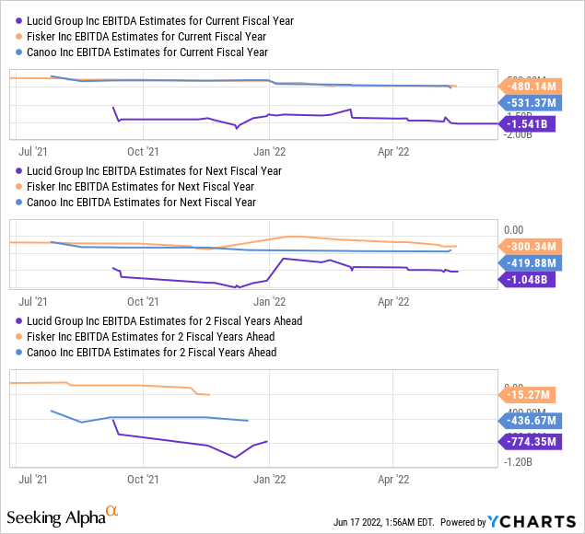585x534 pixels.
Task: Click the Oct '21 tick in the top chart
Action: [142, 147]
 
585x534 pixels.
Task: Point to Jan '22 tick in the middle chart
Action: [268, 301]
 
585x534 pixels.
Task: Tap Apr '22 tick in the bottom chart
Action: [393, 480]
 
